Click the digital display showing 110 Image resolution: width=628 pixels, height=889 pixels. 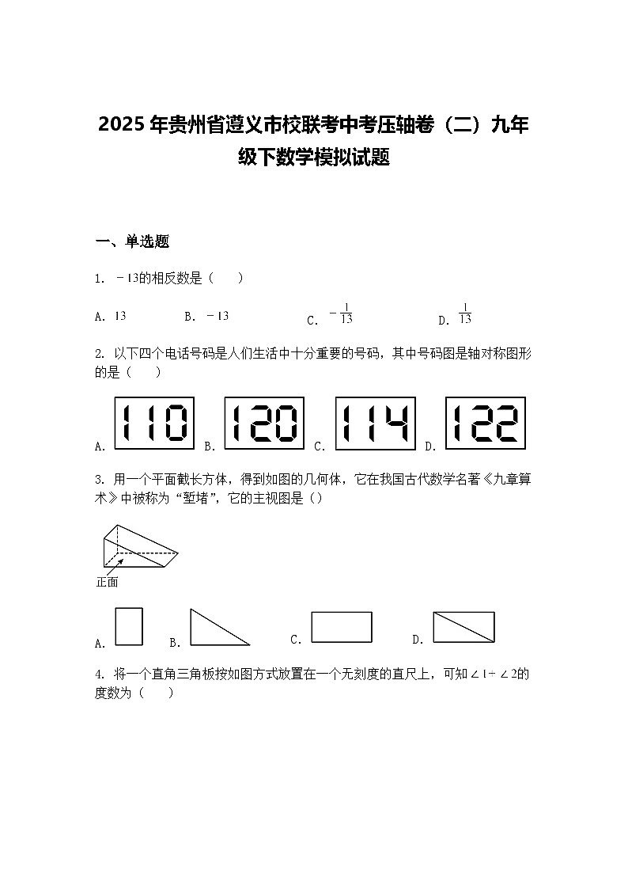[154, 423]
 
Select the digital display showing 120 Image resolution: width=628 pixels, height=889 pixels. [264, 423]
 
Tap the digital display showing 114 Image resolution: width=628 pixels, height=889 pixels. [375, 423]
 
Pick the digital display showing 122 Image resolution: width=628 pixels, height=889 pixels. [486, 423]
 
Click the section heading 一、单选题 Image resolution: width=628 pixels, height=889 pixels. [132, 242]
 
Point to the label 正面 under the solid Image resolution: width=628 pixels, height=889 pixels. [107, 582]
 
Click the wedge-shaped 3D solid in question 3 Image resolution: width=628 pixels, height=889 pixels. [138, 546]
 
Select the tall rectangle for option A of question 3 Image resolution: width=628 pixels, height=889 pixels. [129, 626]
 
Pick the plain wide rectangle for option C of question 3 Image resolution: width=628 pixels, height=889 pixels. [341, 626]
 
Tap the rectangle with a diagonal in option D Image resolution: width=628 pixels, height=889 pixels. [463, 627]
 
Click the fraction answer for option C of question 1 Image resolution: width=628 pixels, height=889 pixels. [342, 315]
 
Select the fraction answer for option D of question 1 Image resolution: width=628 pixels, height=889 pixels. [465, 314]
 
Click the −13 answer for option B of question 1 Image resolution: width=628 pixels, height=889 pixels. [218, 316]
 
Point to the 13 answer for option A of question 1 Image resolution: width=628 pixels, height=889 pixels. [120, 316]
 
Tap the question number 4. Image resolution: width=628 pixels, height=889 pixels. [99, 674]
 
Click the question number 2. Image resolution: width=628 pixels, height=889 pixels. [99, 353]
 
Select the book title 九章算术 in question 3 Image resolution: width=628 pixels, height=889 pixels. [506, 480]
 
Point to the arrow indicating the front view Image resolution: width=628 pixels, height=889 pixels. [114, 565]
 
